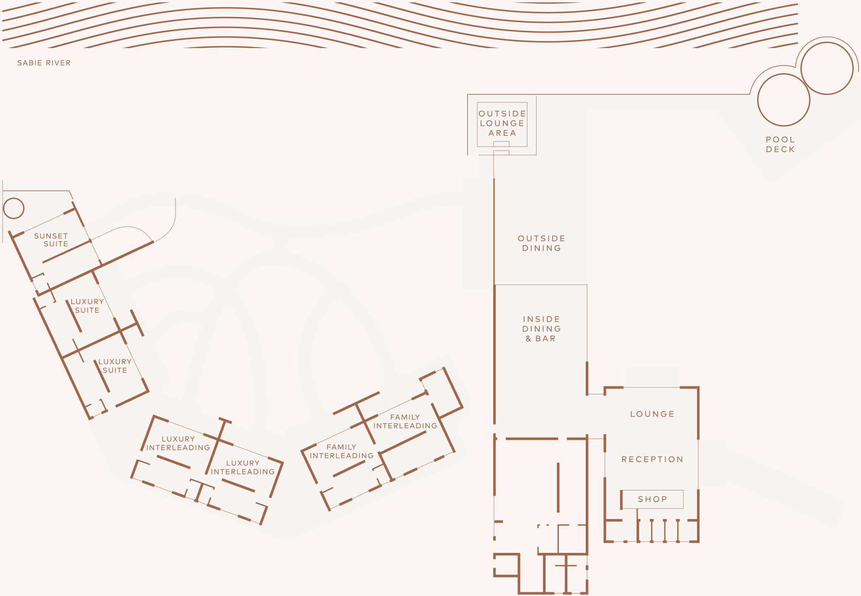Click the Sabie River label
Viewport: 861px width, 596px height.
(44, 63)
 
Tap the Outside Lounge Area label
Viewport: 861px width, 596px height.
(502, 123)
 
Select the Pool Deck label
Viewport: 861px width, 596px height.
(780, 145)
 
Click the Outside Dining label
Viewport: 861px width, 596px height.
(541, 243)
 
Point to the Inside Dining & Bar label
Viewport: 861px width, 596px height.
(541, 329)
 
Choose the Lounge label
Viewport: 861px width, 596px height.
(652, 414)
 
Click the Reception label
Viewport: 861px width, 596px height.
(652, 459)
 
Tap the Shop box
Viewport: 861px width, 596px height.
(652, 499)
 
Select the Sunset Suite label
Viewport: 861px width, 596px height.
(51, 240)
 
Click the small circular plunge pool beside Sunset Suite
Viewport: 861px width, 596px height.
(14, 208)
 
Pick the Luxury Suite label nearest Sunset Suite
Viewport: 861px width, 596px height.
(87, 306)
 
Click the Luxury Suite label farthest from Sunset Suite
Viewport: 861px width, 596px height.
(115, 366)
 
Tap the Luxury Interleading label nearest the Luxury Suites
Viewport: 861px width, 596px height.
(178, 443)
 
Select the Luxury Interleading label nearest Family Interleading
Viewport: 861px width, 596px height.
(243, 467)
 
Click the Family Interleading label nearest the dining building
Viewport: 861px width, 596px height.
(405, 421)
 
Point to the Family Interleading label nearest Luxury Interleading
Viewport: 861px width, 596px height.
(342, 451)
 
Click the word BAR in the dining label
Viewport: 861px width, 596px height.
(546, 338)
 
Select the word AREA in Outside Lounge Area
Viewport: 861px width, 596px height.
(502, 133)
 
